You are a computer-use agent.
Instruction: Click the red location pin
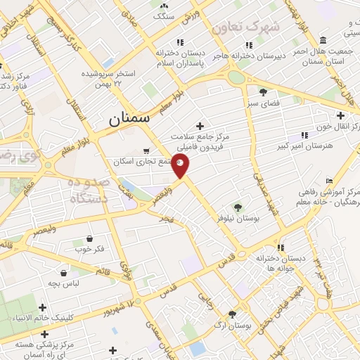(x=181, y=167)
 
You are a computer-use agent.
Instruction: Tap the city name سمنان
(x=130, y=120)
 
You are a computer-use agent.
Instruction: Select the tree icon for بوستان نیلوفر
(x=237, y=207)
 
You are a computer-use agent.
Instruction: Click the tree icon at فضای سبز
(x=263, y=92)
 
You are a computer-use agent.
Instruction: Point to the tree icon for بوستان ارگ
(x=232, y=314)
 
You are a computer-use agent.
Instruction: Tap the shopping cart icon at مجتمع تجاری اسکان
(x=146, y=150)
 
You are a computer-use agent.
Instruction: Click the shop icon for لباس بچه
(x=64, y=272)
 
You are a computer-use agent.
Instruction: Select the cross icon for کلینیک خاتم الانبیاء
(x=43, y=307)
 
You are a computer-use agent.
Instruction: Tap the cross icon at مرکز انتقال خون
(x=341, y=115)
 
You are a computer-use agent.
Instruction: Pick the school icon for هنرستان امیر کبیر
(x=304, y=135)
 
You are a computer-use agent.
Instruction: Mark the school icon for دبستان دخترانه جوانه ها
(x=281, y=247)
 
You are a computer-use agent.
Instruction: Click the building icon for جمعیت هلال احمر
(x=322, y=39)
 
